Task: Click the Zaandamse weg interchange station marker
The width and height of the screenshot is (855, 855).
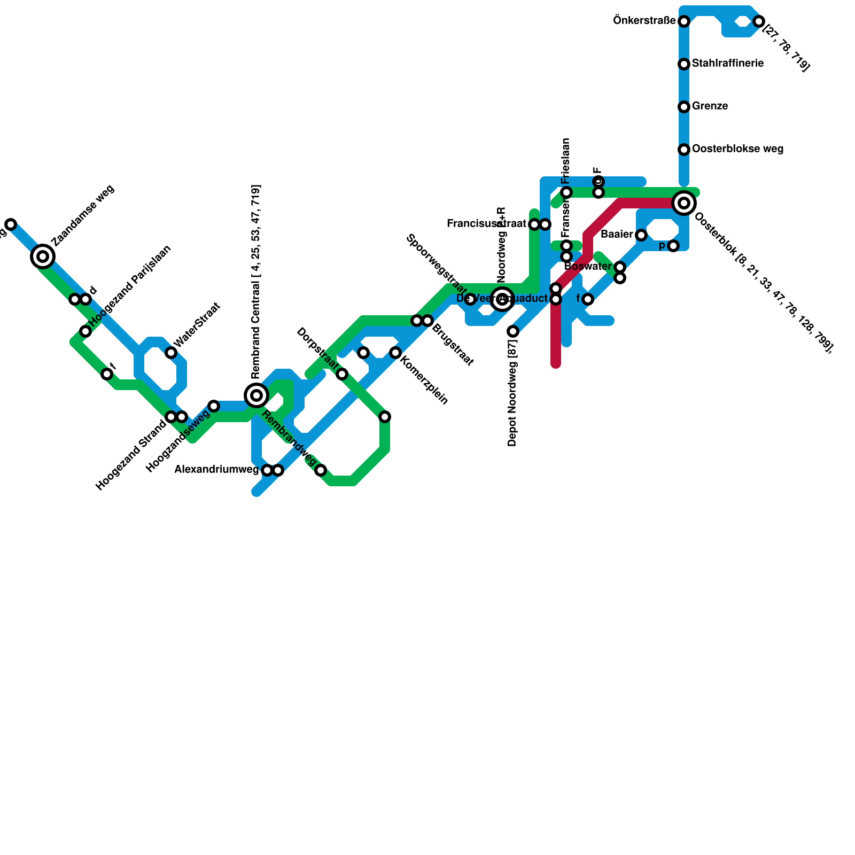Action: [x=43, y=256]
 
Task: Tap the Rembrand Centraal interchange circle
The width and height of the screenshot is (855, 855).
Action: [x=256, y=395]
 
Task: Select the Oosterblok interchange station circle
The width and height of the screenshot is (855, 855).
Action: [x=684, y=203]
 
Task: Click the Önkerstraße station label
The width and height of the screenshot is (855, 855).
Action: [x=644, y=21]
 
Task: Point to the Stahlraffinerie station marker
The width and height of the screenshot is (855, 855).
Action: [x=684, y=64]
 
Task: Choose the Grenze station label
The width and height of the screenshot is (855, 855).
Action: [x=710, y=106]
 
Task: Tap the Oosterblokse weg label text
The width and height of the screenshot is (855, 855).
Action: [x=737, y=149]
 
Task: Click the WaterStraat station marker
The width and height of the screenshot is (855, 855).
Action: [x=171, y=353]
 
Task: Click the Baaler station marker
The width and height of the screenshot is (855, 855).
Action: [x=641, y=235]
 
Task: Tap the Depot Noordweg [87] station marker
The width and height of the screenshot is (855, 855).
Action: [x=513, y=331]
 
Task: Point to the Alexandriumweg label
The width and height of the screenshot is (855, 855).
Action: [x=216, y=470]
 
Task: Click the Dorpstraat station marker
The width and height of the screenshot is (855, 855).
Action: [x=342, y=374]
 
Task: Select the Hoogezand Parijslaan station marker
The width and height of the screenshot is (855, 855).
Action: [x=85, y=331]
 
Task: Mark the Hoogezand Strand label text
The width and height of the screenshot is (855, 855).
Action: [x=131, y=456]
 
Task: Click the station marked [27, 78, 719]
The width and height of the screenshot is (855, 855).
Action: [x=759, y=21]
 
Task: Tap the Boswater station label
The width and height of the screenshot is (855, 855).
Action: [x=588, y=267]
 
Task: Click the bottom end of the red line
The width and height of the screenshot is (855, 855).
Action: [x=556, y=365]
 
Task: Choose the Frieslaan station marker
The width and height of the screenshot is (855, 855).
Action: [x=566, y=192]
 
